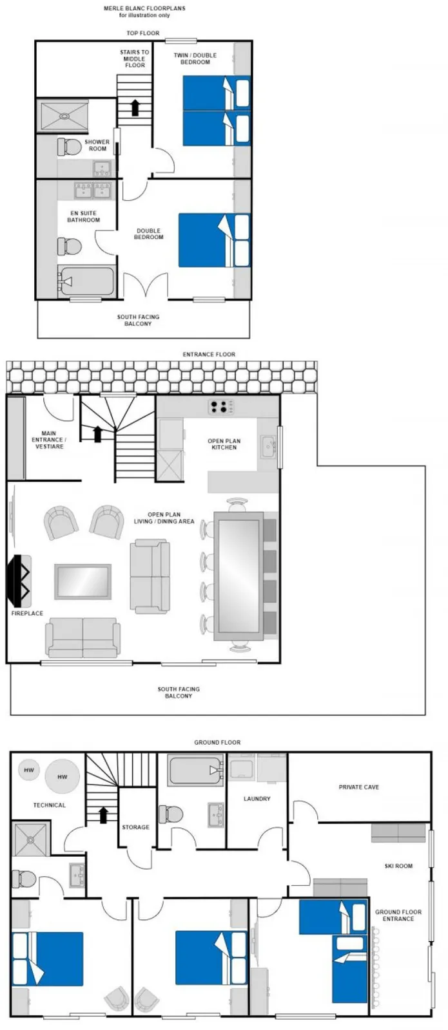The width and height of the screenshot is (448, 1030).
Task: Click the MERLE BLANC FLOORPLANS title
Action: point(144,8)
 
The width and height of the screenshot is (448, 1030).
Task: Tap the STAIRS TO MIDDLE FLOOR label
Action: point(135,59)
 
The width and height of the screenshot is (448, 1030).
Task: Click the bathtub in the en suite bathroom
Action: point(86,281)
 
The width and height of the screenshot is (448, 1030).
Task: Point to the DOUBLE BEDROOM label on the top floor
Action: point(149,234)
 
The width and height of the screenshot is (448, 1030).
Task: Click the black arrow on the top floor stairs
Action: point(135,108)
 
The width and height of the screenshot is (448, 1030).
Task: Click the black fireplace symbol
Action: point(19,580)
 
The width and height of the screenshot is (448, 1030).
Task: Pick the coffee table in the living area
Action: point(83,582)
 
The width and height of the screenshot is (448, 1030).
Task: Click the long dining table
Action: point(239,576)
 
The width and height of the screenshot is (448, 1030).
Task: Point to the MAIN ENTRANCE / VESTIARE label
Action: point(49,440)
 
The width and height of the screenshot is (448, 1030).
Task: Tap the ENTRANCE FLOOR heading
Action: point(209,355)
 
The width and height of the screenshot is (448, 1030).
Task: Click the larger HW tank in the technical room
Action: point(62,776)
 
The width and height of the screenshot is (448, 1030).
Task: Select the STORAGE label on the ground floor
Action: point(135,827)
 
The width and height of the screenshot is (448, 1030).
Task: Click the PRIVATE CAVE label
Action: point(358,787)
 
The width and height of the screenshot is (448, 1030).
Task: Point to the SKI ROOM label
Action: point(398,866)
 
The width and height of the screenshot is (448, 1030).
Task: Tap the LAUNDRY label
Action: point(257,799)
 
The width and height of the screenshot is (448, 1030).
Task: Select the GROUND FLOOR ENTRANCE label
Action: point(398,915)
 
